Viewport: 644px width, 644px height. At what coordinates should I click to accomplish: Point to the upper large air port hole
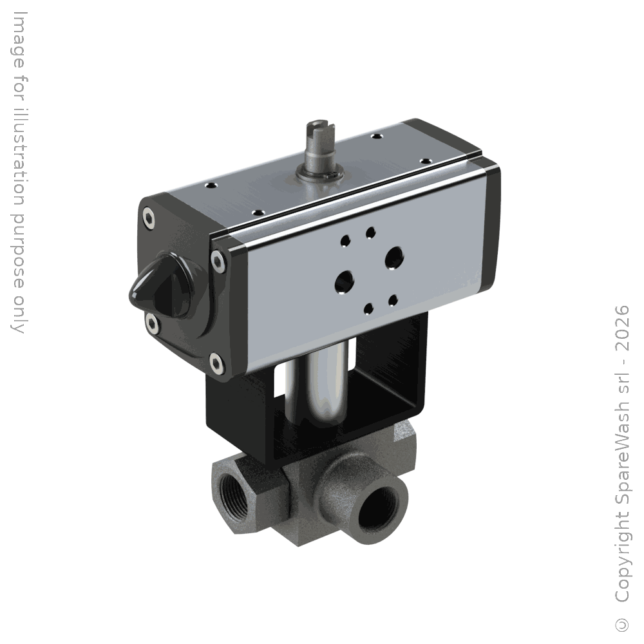pyautogui.click(x=395, y=257)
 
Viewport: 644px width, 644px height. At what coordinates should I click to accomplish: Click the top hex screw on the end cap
pyautogui.click(x=149, y=218)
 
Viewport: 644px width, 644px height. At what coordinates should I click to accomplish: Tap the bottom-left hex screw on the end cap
pyautogui.click(x=153, y=324)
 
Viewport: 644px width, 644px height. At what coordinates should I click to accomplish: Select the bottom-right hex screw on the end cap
pyautogui.click(x=217, y=363)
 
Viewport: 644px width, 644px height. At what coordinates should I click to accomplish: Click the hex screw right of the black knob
pyautogui.click(x=218, y=261)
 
